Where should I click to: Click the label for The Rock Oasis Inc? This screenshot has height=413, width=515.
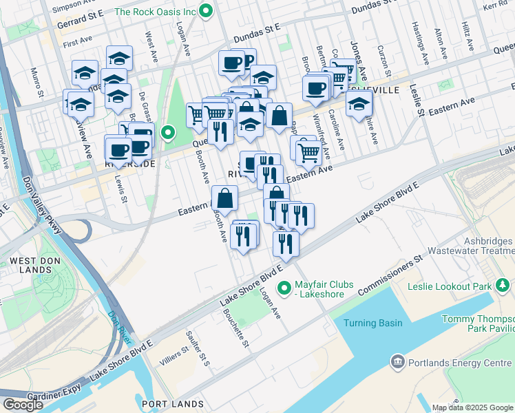pyautogui.click(x=156, y=11)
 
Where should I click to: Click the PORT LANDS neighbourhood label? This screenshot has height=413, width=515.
pyautogui.click(x=172, y=404)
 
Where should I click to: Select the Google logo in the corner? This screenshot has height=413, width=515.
pyautogui.click(x=23, y=405)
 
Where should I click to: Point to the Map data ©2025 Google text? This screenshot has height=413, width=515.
pyautogui.click(x=472, y=407)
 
